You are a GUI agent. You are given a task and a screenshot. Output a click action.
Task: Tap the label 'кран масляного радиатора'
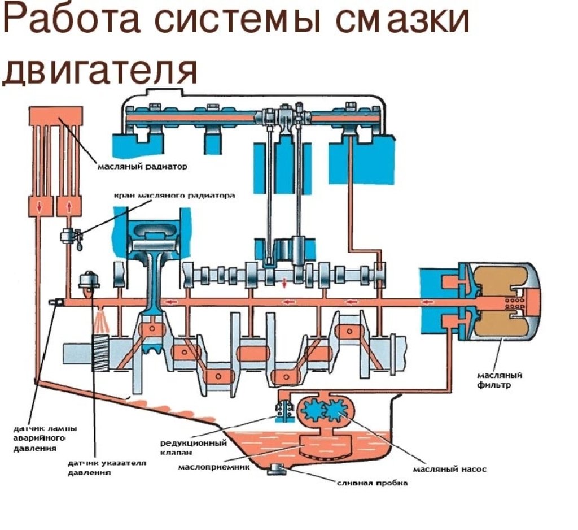click(x=174, y=196)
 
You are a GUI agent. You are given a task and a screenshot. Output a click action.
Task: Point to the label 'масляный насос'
click(x=449, y=469)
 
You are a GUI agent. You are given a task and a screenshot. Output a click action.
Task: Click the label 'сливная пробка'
click(x=372, y=483)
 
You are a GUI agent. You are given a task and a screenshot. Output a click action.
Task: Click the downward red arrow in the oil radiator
click(x=39, y=206)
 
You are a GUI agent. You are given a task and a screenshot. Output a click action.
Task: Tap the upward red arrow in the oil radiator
click(x=69, y=206)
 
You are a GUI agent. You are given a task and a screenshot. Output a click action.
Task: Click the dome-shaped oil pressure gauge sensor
click(x=87, y=280)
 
